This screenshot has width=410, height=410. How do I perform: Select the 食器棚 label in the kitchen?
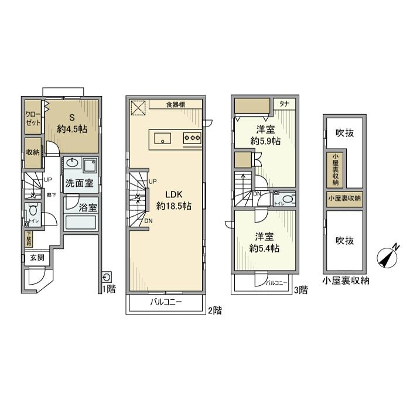(x=175, y=104)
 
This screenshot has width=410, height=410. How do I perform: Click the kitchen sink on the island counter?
(x=162, y=138)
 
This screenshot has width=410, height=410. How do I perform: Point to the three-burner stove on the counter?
(x=193, y=138)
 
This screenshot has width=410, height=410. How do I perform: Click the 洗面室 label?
(x=79, y=183)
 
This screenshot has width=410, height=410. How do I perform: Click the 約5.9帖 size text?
(x=265, y=141)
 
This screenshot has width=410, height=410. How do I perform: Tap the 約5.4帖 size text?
(x=264, y=248)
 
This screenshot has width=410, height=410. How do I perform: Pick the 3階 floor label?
(x=300, y=289)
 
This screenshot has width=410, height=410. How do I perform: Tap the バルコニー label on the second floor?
(x=166, y=302)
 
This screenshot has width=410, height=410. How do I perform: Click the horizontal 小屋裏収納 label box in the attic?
(x=344, y=198)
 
